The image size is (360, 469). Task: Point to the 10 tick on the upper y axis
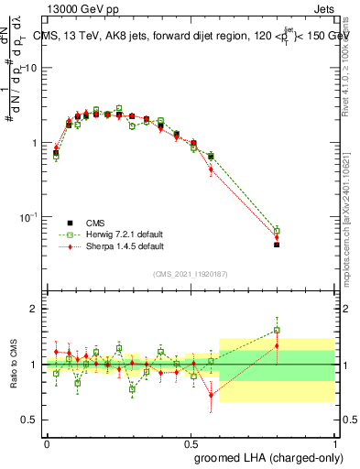pyautogui.click(x=33, y=69)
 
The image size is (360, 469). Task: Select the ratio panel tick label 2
pyautogui.click(x=34, y=309)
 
